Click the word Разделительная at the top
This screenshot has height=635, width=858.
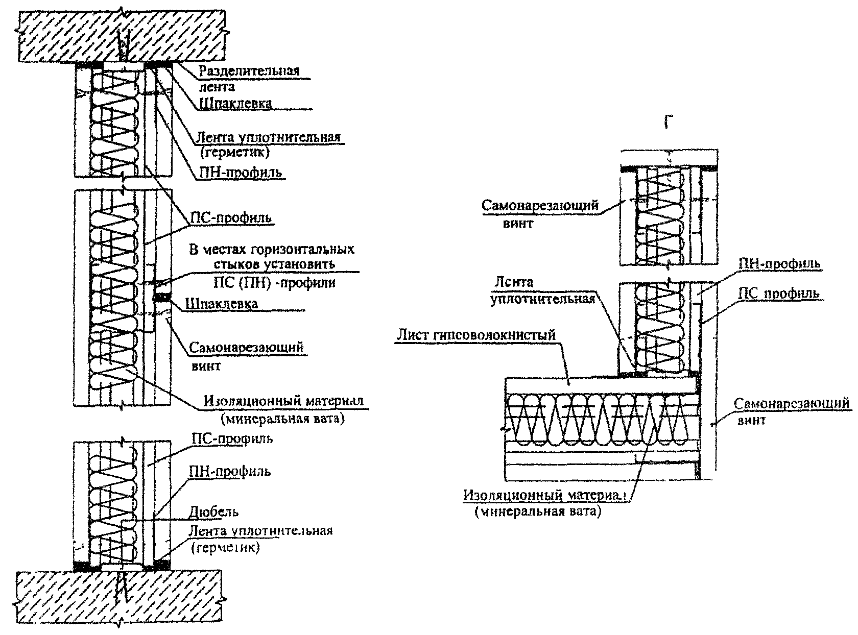249,71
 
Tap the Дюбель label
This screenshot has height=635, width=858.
213,511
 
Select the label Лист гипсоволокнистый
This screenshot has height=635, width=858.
476,335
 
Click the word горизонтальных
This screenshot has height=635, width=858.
302,250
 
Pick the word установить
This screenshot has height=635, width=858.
300,264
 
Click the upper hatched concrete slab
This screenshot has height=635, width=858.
122,36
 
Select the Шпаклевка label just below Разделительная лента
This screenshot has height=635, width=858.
235,103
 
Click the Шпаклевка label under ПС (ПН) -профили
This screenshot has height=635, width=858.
222,304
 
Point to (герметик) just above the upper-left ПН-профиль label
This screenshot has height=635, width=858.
234,152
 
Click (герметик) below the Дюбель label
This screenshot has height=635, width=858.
226,548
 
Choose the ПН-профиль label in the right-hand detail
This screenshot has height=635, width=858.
779,264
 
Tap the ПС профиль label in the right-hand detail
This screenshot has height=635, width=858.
779,294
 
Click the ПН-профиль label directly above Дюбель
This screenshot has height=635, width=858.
230,472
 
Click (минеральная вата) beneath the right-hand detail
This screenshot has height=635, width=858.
538,511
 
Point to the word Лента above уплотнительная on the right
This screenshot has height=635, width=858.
514,282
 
